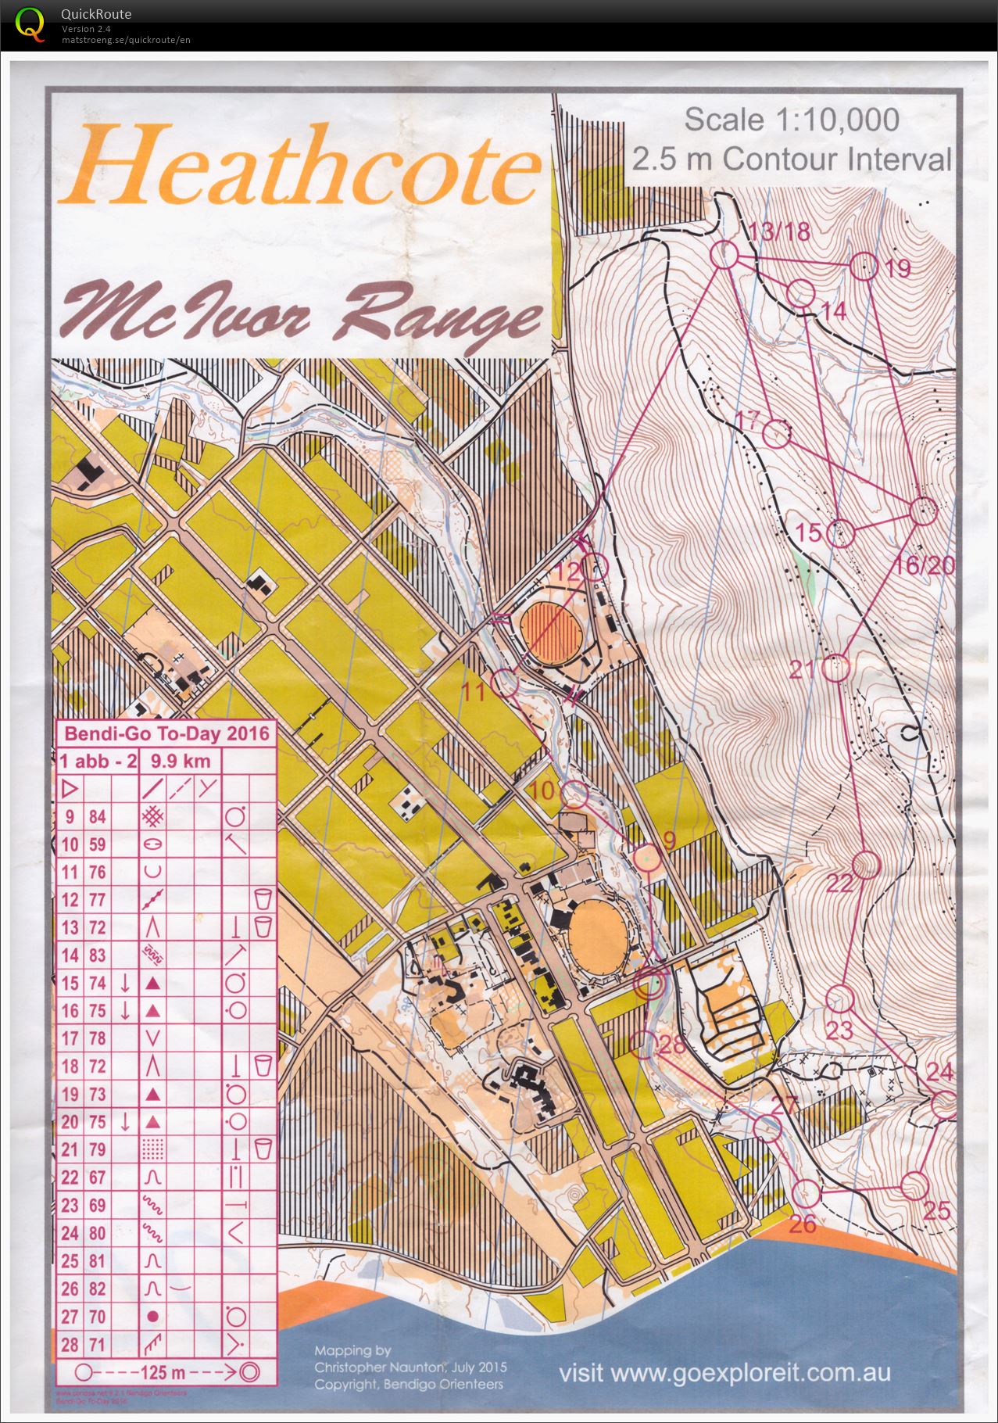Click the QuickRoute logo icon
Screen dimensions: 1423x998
tap(30, 23)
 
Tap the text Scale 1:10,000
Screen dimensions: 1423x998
tap(791, 120)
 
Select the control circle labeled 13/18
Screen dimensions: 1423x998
tap(724, 255)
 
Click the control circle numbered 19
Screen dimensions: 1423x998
tap(864, 266)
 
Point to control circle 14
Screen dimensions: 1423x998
tap(800, 294)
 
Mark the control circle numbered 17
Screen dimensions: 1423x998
tap(776, 434)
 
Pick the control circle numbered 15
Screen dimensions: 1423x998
tap(840, 533)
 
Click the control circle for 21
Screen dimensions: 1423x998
tap(836, 668)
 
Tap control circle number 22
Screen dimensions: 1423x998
tap(865, 865)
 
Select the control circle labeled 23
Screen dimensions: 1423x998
tap(840, 998)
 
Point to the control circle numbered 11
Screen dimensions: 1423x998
tap(506, 683)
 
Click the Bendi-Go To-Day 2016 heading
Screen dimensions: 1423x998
tap(166, 733)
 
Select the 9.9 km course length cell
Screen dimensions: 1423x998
tap(181, 761)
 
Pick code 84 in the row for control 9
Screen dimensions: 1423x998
tap(97, 817)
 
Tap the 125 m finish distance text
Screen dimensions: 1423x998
tap(163, 1371)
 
